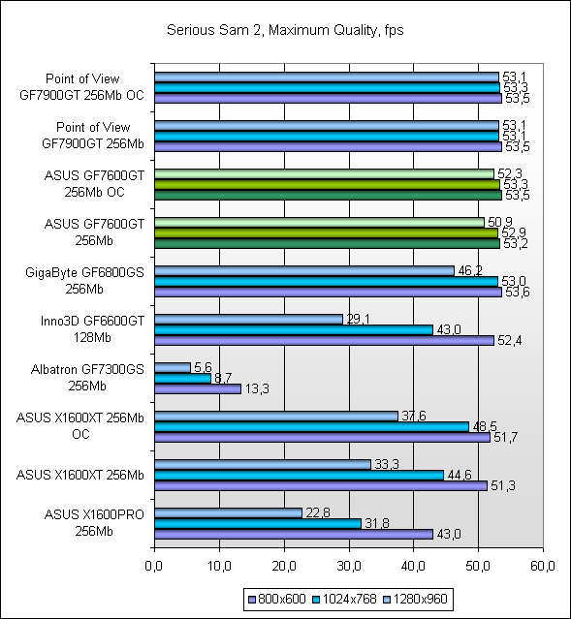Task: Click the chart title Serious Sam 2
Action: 214,30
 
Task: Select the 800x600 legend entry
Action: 277,599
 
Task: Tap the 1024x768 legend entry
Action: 344,599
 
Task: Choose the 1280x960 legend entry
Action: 415,599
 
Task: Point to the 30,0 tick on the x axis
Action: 349,566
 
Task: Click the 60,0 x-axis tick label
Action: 543,566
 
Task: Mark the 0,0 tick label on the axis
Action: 154,566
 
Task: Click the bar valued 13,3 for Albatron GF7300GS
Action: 198,388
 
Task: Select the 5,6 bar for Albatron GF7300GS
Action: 173,367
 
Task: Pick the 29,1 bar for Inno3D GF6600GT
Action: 248,319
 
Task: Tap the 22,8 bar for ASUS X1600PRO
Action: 229,512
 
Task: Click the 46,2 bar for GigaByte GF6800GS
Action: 304,270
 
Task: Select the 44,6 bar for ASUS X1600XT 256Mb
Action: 300,475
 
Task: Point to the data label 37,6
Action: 414,416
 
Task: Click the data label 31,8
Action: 376,523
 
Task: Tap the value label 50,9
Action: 500,222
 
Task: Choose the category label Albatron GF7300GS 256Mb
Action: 87,378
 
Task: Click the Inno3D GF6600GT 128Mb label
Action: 92,329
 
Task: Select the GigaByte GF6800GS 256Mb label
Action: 84,281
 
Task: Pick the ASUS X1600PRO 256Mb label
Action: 94,523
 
